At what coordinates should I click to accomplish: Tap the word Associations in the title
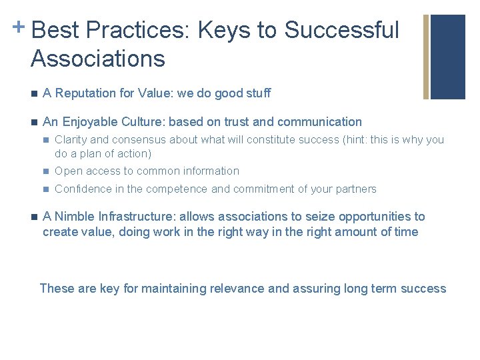click(98, 59)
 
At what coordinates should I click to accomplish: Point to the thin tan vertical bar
click(426, 57)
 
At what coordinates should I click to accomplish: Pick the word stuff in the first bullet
click(257, 93)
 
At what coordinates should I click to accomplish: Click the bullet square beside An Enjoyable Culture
click(33, 122)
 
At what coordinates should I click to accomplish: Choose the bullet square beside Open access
click(45, 171)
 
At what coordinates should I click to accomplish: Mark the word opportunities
click(374, 217)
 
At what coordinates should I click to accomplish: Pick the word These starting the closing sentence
click(57, 289)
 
